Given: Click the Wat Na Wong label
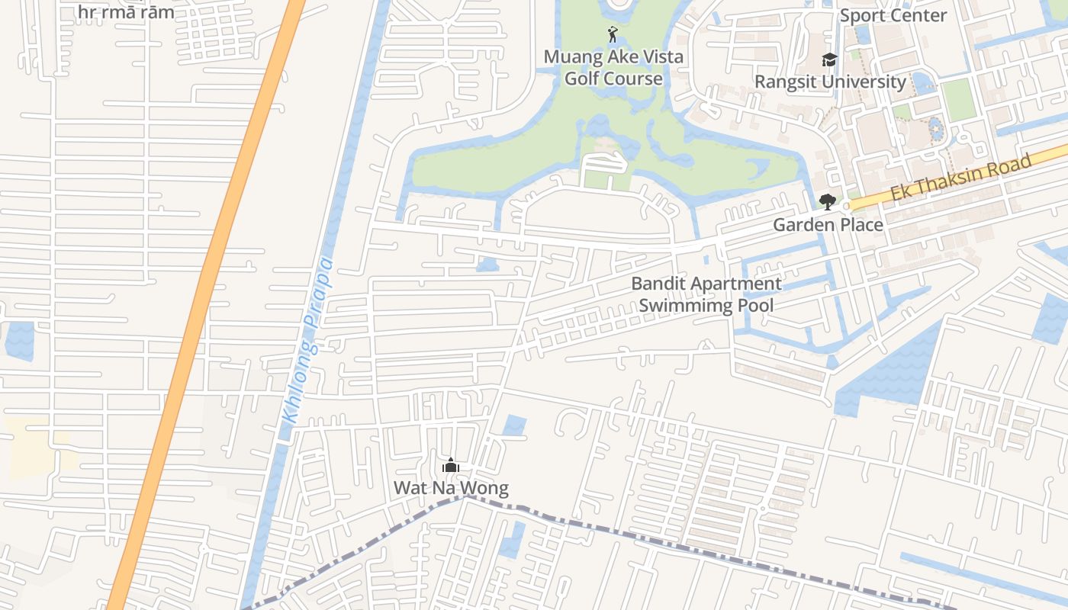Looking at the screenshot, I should coord(451,488).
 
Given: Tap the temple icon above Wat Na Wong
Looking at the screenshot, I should coord(451,465).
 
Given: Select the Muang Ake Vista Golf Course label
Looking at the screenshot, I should coord(613,67).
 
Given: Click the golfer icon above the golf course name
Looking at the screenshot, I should coord(612,34).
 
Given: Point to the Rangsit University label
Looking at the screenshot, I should coord(830,82).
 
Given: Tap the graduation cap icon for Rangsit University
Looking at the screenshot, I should coord(829,60).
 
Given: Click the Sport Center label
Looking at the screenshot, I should coord(893,15).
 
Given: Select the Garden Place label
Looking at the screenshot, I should coord(828,224).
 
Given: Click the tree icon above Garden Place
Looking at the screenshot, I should coord(827,202).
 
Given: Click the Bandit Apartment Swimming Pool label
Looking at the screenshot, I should coord(706,294).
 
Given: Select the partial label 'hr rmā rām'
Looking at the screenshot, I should coord(126,12).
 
